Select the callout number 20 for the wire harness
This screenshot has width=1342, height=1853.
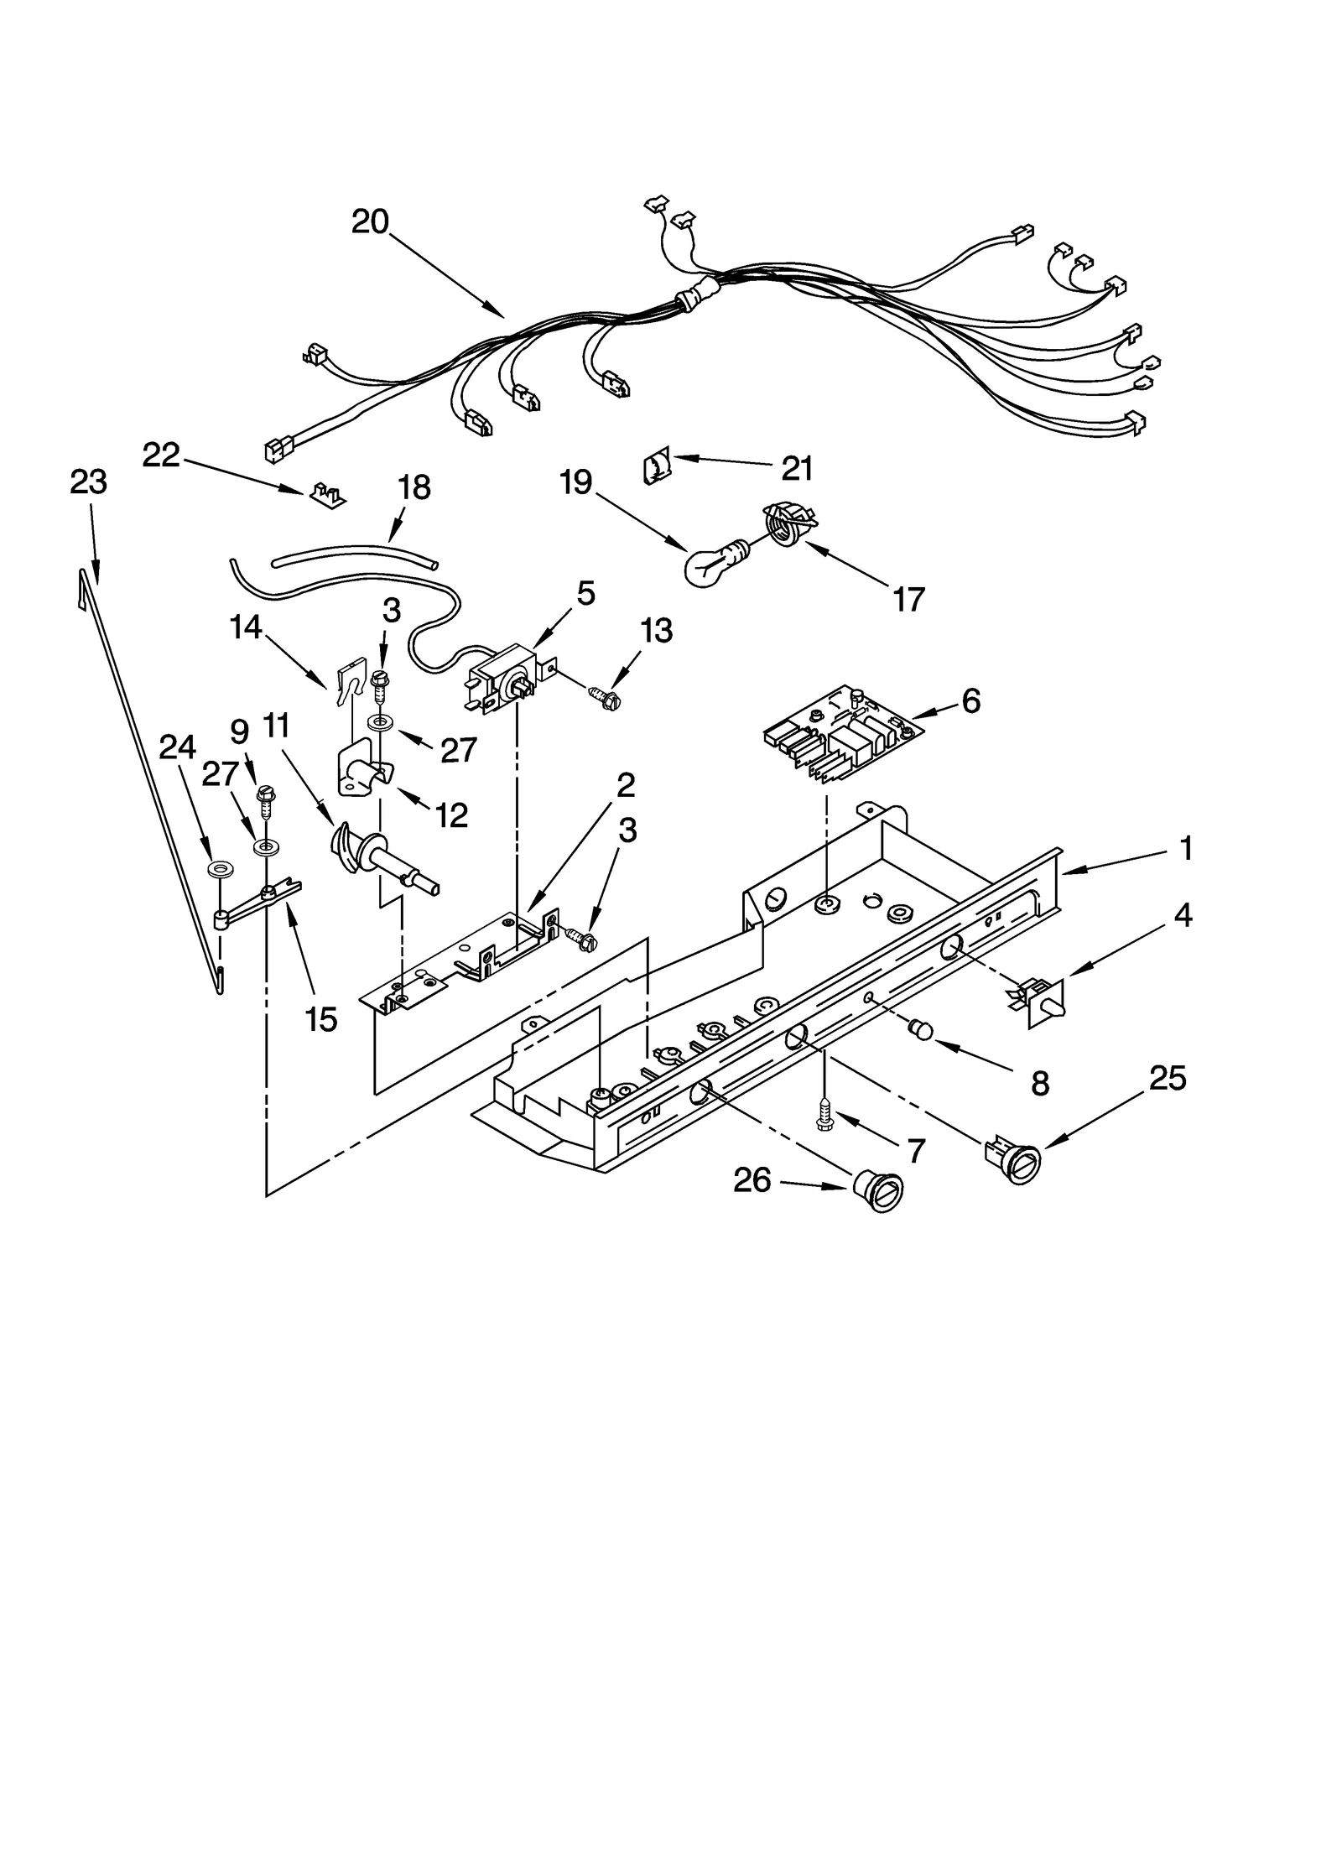370,221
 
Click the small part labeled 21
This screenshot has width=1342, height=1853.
657,466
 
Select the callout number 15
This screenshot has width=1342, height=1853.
321,1018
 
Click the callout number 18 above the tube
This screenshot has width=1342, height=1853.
414,487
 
